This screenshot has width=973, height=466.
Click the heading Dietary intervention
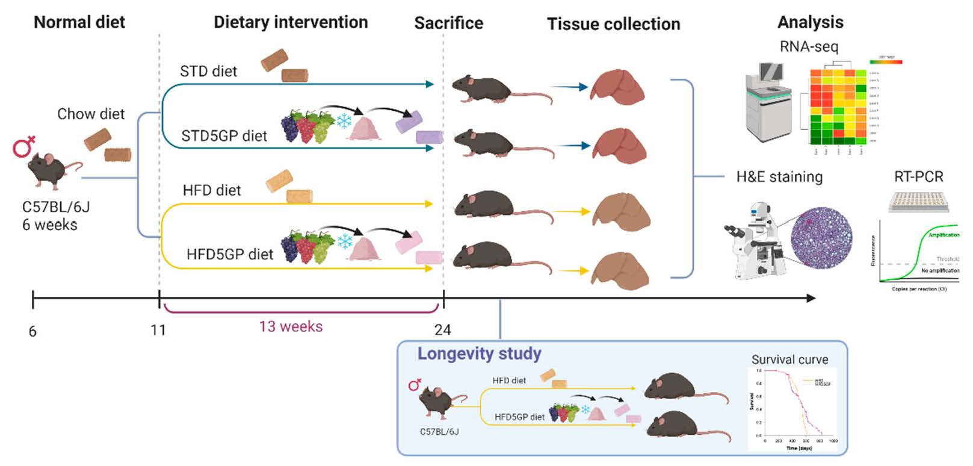pyautogui.click(x=291, y=22)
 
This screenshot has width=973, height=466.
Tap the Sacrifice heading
pyautogui.click(x=448, y=23)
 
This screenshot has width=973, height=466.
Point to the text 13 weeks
pyautogui.click(x=291, y=326)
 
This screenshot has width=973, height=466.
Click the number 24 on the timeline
pyautogui.click(x=443, y=330)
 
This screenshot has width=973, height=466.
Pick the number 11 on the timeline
pyautogui.click(x=158, y=330)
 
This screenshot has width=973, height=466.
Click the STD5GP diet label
pyautogui.click(x=224, y=136)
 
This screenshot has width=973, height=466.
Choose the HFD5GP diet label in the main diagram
pyautogui.click(x=229, y=254)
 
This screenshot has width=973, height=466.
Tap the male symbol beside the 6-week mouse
pyautogui.click(x=24, y=146)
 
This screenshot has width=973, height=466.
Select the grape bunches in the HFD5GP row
pyautogui.click(x=307, y=246)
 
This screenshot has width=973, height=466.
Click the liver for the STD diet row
pyautogui.click(x=617, y=87)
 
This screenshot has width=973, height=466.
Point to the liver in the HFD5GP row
pyautogui.click(x=620, y=269)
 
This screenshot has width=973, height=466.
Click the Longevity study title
pyautogui.click(x=479, y=353)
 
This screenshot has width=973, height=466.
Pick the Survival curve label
pyautogui.click(x=789, y=359)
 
